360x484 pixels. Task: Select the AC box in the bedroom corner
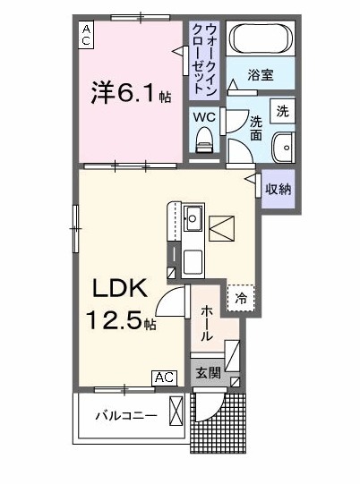coord(86,35)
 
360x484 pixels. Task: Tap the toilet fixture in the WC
coord(203,139)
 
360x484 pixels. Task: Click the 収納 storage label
coord(278,188)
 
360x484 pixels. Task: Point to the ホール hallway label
coord(206,323)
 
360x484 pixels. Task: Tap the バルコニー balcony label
coord(126,416)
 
